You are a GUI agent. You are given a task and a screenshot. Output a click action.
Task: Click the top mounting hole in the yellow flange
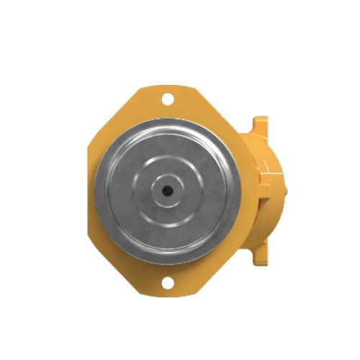click(167, 99)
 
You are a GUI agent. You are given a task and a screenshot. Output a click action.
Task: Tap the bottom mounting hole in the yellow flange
click(167, 282)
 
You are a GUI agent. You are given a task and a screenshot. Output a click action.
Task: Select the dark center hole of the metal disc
click(166, 190)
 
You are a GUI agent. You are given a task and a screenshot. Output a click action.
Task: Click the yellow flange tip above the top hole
click(167, 89)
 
